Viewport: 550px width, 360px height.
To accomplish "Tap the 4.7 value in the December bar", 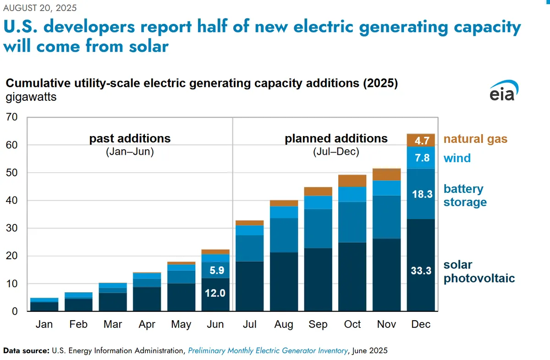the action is [422, 141].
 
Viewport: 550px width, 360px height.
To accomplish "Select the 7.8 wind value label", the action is [422, 158].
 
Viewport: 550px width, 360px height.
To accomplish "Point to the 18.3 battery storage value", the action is [422, 194].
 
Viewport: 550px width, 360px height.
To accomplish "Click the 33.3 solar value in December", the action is [421, 271].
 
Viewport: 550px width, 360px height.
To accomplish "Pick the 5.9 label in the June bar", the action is [217, 270].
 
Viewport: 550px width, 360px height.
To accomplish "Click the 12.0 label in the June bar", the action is [215, 293].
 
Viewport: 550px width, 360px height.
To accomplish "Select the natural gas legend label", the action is [475, 139].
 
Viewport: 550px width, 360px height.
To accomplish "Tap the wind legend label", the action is [457, 158].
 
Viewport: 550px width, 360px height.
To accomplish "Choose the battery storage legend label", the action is [465, 196].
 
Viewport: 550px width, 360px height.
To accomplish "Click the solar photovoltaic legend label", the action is [479, 272].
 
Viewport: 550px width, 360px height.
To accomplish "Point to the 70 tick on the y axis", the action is [12, 117].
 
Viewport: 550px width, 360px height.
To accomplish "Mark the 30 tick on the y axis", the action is [12, 228].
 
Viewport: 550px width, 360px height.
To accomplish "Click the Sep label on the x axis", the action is [318, 324].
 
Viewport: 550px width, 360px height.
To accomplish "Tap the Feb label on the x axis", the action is [78, 324].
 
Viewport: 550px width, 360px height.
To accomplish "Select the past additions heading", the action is [130, 138].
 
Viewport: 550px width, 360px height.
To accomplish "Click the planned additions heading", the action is [336, 138].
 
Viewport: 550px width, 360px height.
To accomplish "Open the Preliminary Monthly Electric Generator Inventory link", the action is [268, 351].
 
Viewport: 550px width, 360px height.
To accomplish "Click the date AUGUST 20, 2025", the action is [40, 8].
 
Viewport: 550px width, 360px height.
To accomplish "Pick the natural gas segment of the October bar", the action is [352, 181].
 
